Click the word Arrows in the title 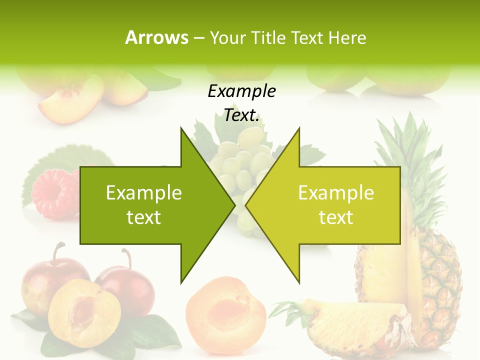tap(156, 37)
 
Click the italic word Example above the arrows tap(241, 91)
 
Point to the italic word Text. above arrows tap(241, 115)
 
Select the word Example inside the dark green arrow tap(144, 193)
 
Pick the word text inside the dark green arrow tap(144, 217)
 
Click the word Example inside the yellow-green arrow tap(336, 193)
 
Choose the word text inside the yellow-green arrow tap(336, 217)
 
